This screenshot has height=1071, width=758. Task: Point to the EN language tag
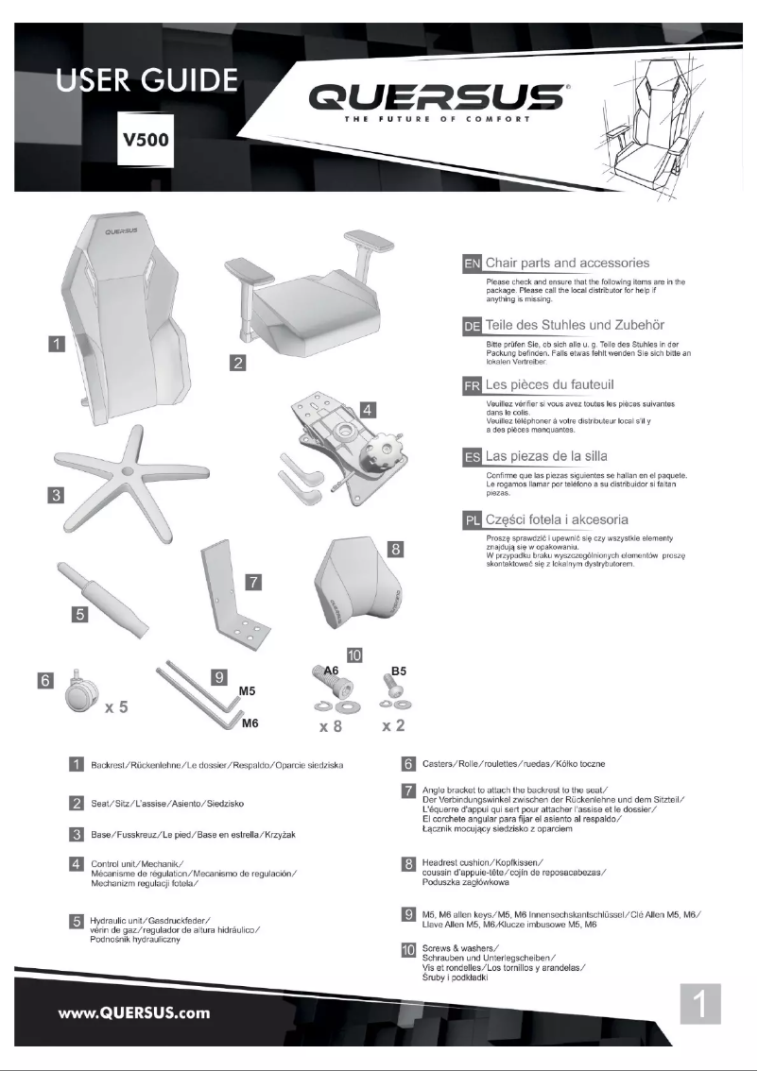tap(472, 262)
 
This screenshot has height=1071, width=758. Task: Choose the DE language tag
tap(472, 326)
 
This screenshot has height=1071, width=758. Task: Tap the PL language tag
tap(472, 520)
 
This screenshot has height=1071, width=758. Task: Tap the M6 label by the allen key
tap(250, 723)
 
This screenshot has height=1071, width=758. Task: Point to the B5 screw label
tap(399, 671)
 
